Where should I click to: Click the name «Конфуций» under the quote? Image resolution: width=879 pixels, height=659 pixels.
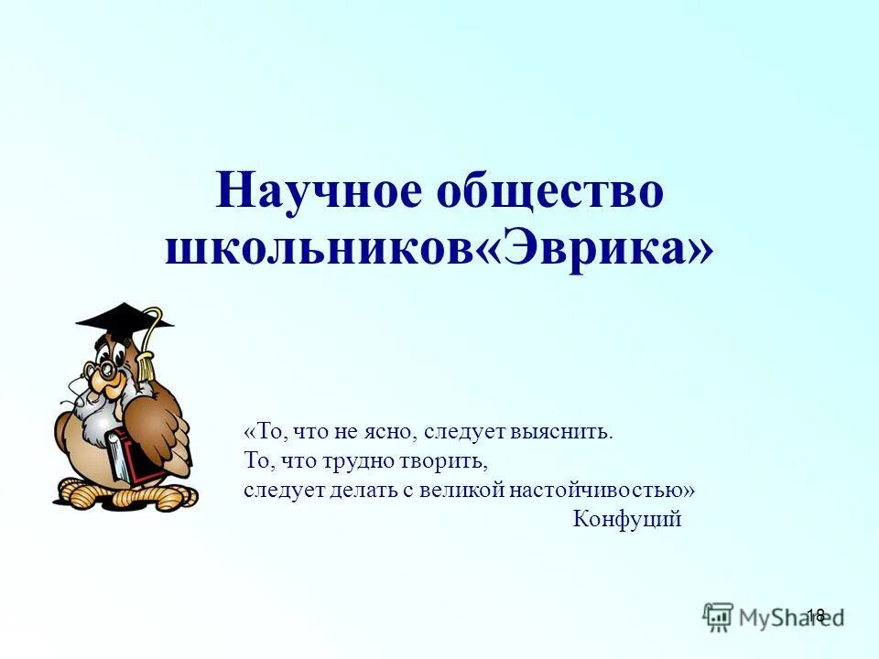point(627,520)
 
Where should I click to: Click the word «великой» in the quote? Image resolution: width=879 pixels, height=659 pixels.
point(463,490)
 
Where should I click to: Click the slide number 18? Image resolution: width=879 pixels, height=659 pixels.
point(816,615)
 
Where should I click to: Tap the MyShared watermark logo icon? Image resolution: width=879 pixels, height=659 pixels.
point(719,616)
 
